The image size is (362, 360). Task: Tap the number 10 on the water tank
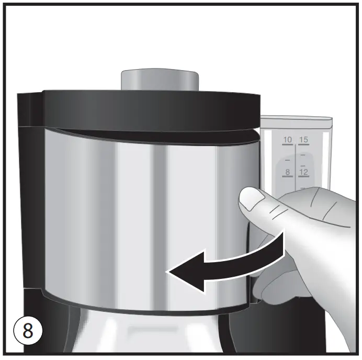tap(287, 140)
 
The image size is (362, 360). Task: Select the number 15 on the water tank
tap(304, 140)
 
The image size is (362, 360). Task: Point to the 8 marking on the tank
tap(287, 172)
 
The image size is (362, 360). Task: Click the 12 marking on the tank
tap(304, 172)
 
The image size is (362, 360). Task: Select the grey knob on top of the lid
tap(160, 79)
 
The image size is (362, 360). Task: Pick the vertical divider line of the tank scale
tap(296, 162)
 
